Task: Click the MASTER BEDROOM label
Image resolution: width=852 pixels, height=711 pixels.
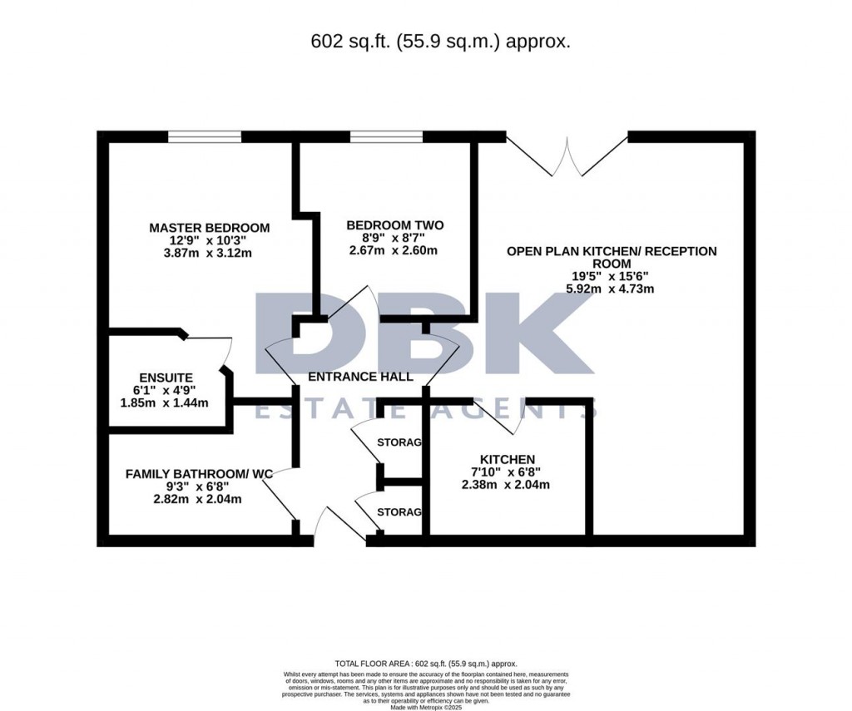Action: pyautogui.click(x=210, y=227)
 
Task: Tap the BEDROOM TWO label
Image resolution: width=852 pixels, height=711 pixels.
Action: pyautogui.click(x=394, y=225)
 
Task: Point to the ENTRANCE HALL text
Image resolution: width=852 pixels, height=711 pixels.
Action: pyautogui.click(x=360, y=377)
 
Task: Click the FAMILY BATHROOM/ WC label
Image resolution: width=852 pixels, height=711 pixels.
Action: pyautogui.click(x=199, y=474)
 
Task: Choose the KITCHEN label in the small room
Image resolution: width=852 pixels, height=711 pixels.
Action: pyautogui.click(x=507, y=459)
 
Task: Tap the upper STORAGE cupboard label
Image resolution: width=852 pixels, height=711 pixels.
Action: pyautogui.click(x=399, y=442)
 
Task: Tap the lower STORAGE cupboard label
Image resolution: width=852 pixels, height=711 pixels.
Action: pyautogui.click(x=399, y=511)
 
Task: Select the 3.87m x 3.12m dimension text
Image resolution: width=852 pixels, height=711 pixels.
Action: pyautogui.click(x=210, y=253)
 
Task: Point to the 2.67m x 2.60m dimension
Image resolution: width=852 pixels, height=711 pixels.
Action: pyautogui.click(x=394, y=250)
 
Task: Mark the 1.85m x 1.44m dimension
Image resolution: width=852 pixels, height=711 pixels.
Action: pyautogui.click(x=164, y=402)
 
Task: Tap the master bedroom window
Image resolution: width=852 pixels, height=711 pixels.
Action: pyautogui.click(x=205, y=136)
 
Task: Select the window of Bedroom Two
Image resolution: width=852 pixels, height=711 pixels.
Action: pyautogui.click(x=386, y=136)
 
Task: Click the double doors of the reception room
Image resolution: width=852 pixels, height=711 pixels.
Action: pyautogui.click(x=567, y=156)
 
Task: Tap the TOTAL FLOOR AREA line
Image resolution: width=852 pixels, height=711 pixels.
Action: pyautogui.click(x=425, y=664)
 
